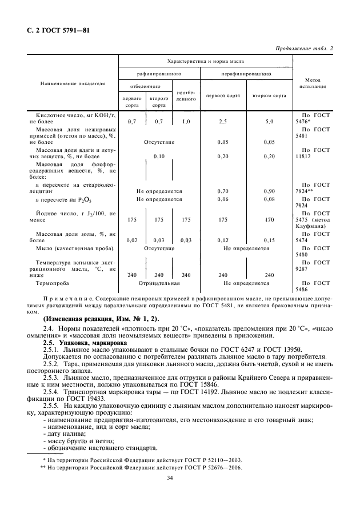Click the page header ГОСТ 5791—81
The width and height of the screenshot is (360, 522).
point(57,31)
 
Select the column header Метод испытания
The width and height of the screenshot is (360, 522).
point(311,83)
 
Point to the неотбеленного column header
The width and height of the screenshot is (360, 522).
point(186,95)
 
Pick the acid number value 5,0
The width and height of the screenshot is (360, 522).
point(269,122)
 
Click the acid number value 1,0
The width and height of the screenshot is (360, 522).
point(186,122)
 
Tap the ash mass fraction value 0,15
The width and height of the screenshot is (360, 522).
point(269,240)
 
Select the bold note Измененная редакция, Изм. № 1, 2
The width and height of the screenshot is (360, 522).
point(98,318)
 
